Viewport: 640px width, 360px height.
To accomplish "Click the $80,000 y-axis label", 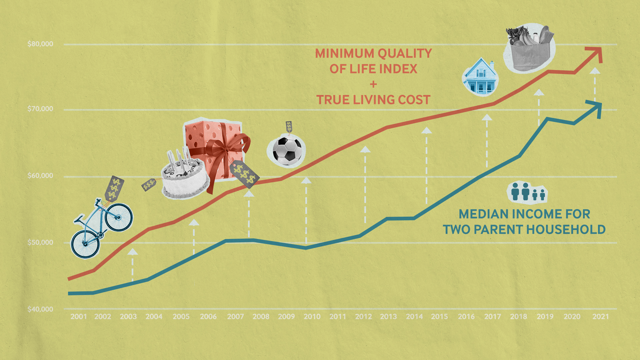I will point(40,44).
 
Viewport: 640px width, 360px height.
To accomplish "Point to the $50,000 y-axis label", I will point(40,242).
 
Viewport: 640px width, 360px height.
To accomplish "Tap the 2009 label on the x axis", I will point(286,316).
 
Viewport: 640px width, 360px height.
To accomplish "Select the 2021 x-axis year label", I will point(600,316).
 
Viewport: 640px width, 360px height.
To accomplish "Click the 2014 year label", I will point(414,316).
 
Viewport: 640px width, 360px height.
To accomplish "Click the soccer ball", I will point(287,151).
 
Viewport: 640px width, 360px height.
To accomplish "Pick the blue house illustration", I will point(480,77).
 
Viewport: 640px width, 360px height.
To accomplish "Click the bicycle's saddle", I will point(79,219).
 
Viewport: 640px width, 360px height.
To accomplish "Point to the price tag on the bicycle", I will point(114,188).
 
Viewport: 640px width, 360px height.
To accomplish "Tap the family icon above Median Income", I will point(527,192).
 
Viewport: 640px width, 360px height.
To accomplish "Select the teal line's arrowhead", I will point(596,108).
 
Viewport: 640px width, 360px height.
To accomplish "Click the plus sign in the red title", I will point(373,84).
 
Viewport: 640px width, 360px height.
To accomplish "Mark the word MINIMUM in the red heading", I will point(344,53).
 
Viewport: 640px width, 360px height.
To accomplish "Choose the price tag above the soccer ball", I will point(289,126).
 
